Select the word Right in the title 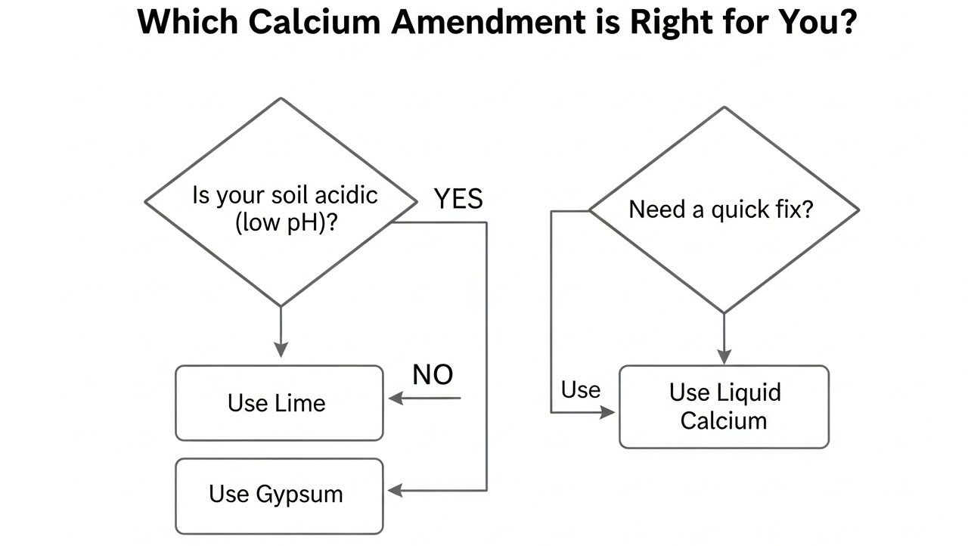point(665,23)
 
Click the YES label point(458,199)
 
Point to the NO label point(433,374)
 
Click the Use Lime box point(279,402)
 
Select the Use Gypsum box point(279,495)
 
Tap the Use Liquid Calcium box point(724,407)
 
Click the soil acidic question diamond point(281,202)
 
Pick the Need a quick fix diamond point(724,209)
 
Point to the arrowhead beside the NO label point(396,399)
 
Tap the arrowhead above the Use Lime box point(281,349)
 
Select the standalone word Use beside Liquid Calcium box point(580,389)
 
